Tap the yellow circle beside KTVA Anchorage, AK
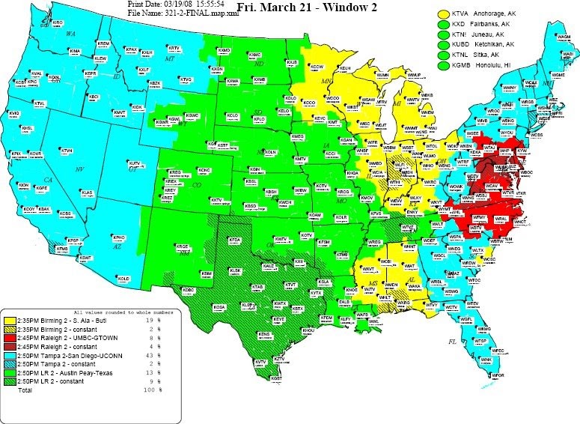(x=443, y=14)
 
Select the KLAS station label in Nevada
(x=87, y=193)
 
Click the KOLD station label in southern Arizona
(x=123, y=278)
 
